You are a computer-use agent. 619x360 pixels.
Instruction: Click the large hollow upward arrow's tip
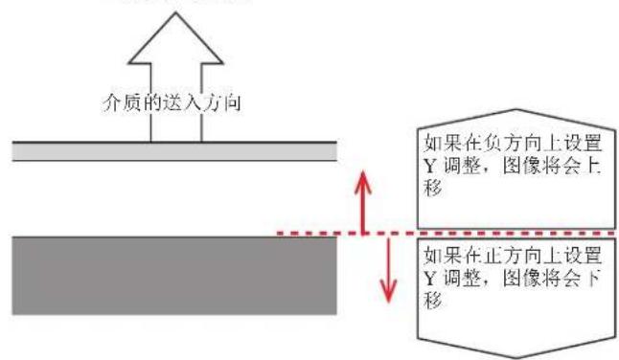tap(175, 13)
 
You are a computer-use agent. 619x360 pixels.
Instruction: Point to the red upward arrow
tap(362, 201)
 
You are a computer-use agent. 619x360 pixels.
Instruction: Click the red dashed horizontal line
tap(441, 233)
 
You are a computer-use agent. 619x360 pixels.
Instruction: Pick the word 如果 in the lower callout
tap(440, 257)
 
